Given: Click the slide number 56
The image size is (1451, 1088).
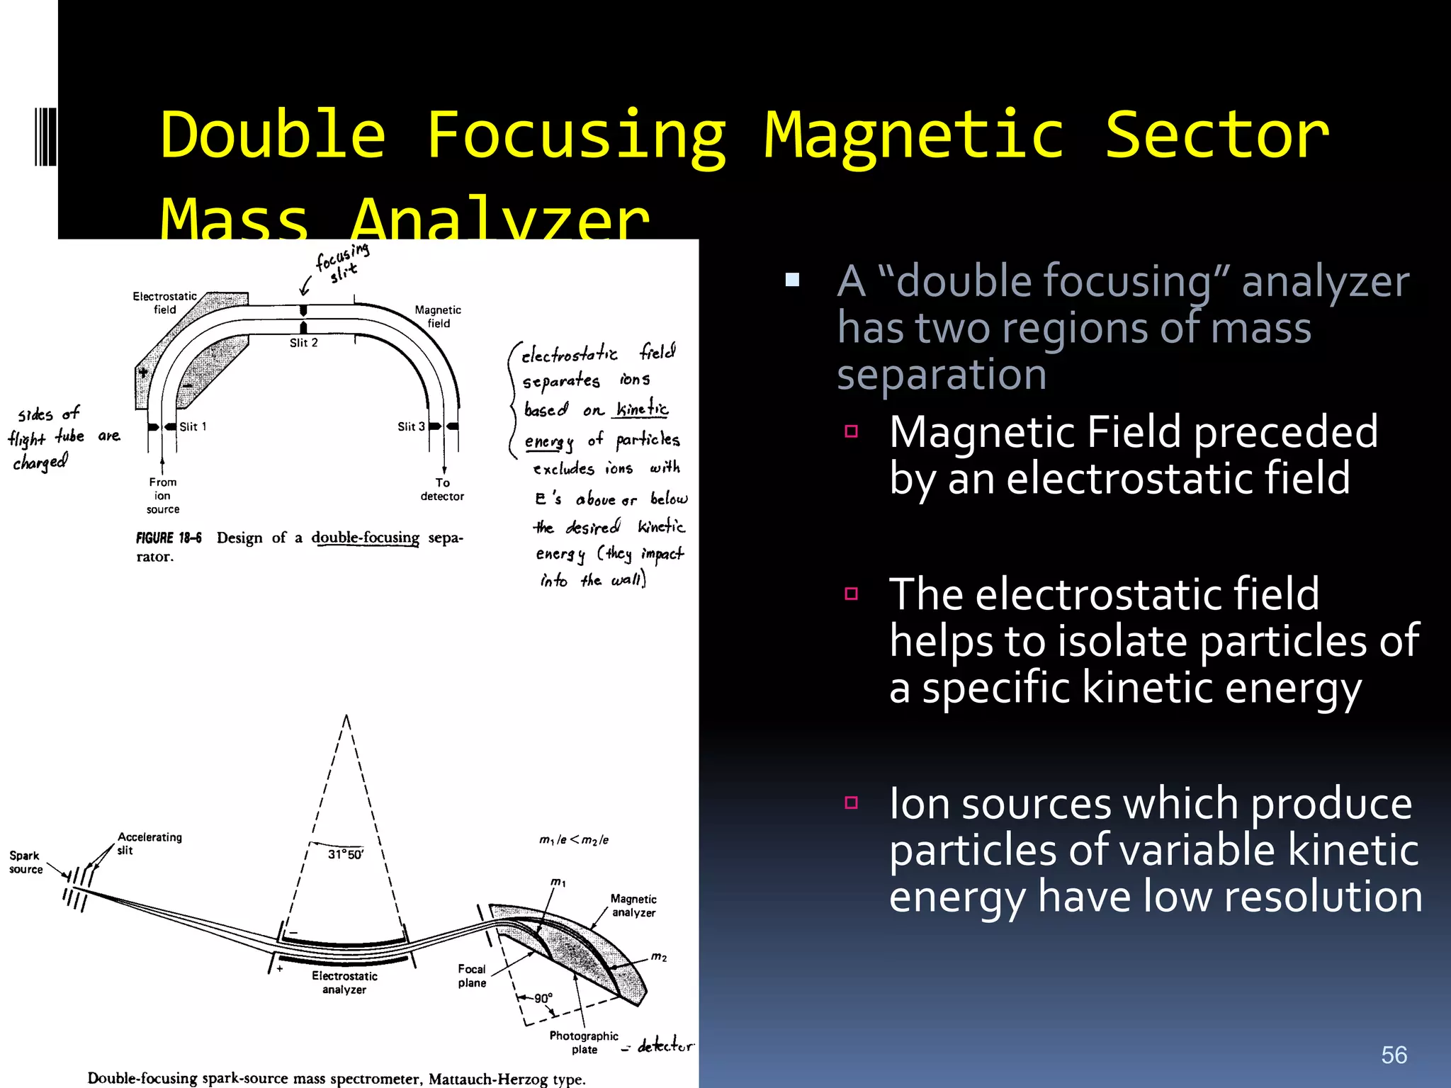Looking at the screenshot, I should tap(1394, 1055).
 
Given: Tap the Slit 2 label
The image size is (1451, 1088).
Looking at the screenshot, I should tap(303, 343).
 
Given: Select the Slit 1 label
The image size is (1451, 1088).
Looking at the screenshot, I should tap(193, 426).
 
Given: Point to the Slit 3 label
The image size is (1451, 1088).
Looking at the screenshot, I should tap(411, 426).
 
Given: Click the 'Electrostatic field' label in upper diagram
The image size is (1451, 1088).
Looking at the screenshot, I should tap(164, 302).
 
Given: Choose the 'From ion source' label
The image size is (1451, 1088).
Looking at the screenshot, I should tap(163, 495).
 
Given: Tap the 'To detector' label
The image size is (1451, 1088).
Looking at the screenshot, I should tap(442, 489).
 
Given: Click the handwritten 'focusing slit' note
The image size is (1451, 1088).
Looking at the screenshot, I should tap(343, 263).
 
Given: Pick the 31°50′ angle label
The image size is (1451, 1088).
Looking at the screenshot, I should tap(345, 854).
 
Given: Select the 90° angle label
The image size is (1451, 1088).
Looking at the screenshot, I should tap(543, 998).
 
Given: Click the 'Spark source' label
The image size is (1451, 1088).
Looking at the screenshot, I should tap(26, 862).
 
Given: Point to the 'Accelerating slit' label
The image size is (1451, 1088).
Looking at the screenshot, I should tap(149, 843).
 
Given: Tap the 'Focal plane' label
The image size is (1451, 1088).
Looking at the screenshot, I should tap(472, 975).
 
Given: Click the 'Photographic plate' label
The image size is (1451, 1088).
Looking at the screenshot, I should tap(584, 1042).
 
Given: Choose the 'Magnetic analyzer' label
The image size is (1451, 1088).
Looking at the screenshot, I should tap(633, 905).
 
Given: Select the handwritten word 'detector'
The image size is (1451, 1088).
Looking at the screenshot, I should tap(665, 1045).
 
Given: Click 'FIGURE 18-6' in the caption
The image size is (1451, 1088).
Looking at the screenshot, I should tap(169, 538).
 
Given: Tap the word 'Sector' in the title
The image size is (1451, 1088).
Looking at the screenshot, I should tap(1216, 135).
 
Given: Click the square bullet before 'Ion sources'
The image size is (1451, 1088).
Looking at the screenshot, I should tap(851, 803).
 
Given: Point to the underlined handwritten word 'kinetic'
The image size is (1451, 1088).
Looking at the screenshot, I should tap(642, 409).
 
